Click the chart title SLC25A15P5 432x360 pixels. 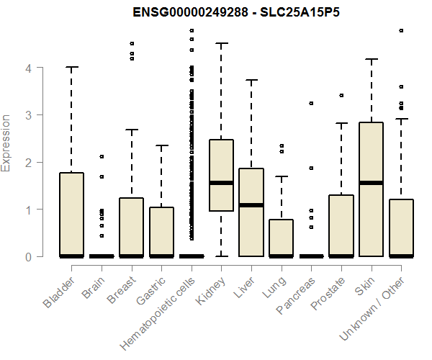[231, 13]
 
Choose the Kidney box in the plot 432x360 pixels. [221, 175]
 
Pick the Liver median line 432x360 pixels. [251, 205]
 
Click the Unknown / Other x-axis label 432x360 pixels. [374, 305]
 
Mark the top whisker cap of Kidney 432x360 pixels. [221, 43]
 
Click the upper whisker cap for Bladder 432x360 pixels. [71, 67]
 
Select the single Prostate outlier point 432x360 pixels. [341, 95]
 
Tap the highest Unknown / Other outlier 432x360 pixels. [401, 31]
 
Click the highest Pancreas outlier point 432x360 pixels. [311, 104]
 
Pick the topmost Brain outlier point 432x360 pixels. [102, 156]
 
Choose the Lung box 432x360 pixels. [281, 238]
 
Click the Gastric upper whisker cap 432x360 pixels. [161, 145]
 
